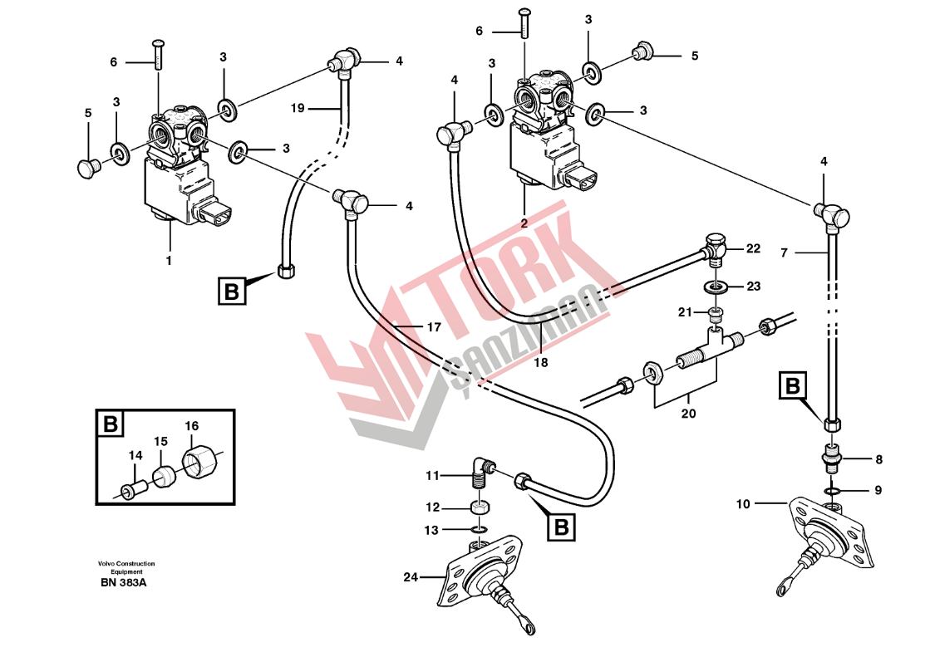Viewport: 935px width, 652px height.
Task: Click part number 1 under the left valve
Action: coord(169,261)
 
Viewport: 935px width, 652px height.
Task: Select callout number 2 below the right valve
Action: coord(524,223)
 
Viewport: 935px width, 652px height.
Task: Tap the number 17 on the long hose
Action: coord(434,327)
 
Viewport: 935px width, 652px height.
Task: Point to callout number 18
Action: coord(541,362)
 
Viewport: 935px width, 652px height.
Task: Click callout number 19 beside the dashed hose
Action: coord(298,108)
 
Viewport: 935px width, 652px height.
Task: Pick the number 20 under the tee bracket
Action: coord(688,414)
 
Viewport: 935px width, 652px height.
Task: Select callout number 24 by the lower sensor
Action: coord(411,577)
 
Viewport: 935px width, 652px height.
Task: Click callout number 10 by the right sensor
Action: coord(743,504)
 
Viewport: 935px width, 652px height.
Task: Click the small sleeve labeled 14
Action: coord(130,492)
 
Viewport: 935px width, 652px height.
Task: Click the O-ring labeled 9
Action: coord(833,491)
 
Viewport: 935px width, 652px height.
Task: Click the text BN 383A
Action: coord(124,583)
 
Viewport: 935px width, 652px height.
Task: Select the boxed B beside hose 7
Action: coord(793,386)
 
